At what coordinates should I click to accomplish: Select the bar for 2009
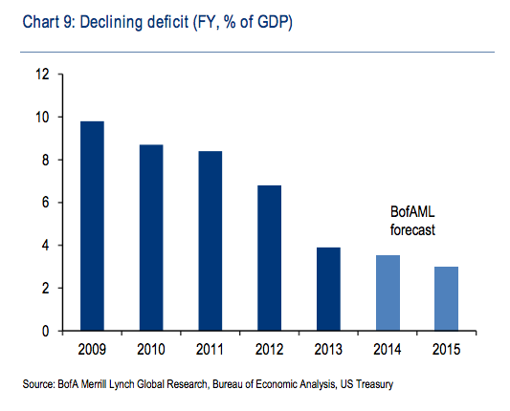coord(92,227)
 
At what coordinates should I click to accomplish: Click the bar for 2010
coord(151,238)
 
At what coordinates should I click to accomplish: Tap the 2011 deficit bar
coord(211,241)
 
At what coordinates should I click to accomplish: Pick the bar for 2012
coord(269,258)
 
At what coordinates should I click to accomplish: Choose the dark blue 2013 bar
coord(328,290)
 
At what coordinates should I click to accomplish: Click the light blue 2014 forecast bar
coord(388,293)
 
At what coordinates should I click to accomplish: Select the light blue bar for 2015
coord(446,299)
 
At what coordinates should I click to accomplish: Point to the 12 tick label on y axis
coord(43,75)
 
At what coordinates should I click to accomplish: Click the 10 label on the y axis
coord(43,118)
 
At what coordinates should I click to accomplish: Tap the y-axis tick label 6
coord(46,203)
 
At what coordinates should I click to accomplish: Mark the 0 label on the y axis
coord(46,331)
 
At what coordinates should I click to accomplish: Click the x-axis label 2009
coord(92,349)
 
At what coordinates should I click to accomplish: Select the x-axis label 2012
coord(269,349)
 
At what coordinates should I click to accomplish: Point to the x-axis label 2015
coord(446,349)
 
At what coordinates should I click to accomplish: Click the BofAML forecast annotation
coord(412,221)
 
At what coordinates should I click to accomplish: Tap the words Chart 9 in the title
coord(49,22)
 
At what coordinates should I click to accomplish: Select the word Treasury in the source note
coord(375,384)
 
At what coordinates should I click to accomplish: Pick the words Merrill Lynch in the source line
coord(107,384)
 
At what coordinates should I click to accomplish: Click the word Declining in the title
coord(111,22)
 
